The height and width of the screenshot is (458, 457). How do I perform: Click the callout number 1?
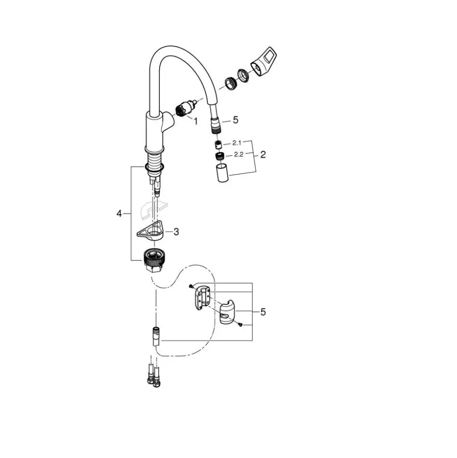[196, 121]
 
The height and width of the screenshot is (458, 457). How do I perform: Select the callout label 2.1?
[237, 143]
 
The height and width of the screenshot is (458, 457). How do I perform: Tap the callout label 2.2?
[238, 155]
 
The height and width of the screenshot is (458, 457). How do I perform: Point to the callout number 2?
[263, 155]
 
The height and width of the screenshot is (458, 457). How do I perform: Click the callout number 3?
[176, 232]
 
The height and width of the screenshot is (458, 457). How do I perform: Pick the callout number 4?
[119, 214]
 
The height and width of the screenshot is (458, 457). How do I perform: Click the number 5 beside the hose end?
[236, 120]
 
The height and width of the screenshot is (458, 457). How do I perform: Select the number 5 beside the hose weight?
[263, 312]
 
